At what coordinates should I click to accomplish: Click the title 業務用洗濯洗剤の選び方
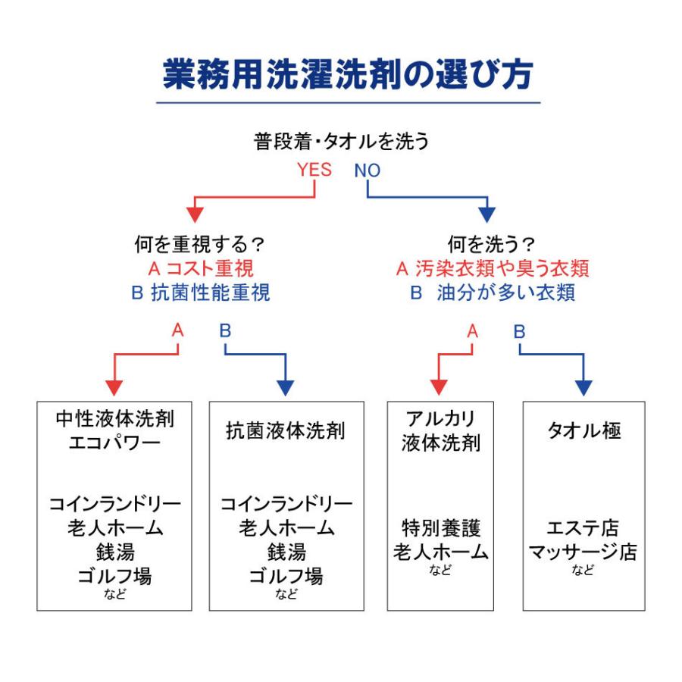348,74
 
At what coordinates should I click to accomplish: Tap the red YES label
314,170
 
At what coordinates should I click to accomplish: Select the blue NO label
367,170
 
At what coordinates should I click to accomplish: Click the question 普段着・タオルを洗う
342,142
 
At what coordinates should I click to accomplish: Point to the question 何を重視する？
199,244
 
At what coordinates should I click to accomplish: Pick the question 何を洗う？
492,244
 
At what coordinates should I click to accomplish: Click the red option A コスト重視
201,268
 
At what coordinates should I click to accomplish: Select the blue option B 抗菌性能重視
201,293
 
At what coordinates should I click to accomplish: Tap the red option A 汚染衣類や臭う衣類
493,268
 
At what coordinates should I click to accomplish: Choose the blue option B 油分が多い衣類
493,293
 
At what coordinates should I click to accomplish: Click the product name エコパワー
114,443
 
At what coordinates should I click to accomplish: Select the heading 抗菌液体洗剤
286,430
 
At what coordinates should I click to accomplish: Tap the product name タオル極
584,430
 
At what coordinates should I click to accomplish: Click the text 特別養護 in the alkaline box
440,528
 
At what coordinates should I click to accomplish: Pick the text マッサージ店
583,552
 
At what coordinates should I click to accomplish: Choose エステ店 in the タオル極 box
583,528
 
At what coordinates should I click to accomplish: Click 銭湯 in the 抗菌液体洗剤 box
286,552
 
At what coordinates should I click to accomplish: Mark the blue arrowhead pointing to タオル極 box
583,388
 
